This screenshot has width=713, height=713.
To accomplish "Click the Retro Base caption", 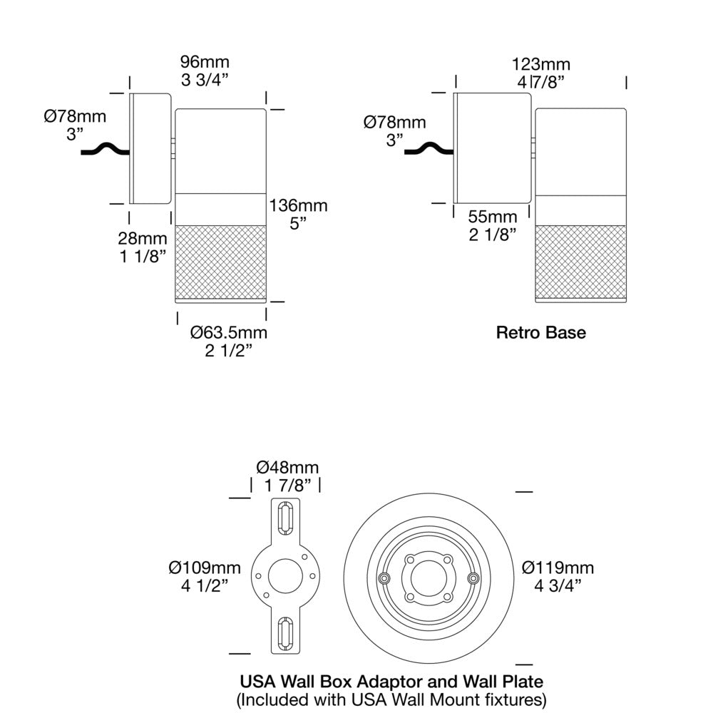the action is (541, 332).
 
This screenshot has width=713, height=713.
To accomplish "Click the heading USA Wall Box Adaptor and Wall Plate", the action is (391, 682).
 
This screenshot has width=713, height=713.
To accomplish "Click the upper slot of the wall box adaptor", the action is (286, 518).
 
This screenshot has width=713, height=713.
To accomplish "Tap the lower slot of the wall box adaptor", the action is (286, 632).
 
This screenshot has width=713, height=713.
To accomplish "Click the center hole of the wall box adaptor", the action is (286, 576).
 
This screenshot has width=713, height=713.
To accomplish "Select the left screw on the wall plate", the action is (385, 578).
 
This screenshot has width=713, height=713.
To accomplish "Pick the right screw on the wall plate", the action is (474, 578).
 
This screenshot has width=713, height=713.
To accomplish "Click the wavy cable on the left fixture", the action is (106, 149).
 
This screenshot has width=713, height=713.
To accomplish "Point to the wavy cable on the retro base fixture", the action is (429, 149).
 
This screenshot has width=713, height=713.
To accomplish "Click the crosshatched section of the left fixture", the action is (221, 262).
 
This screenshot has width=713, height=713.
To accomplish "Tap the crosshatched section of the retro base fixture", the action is (580, 262).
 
